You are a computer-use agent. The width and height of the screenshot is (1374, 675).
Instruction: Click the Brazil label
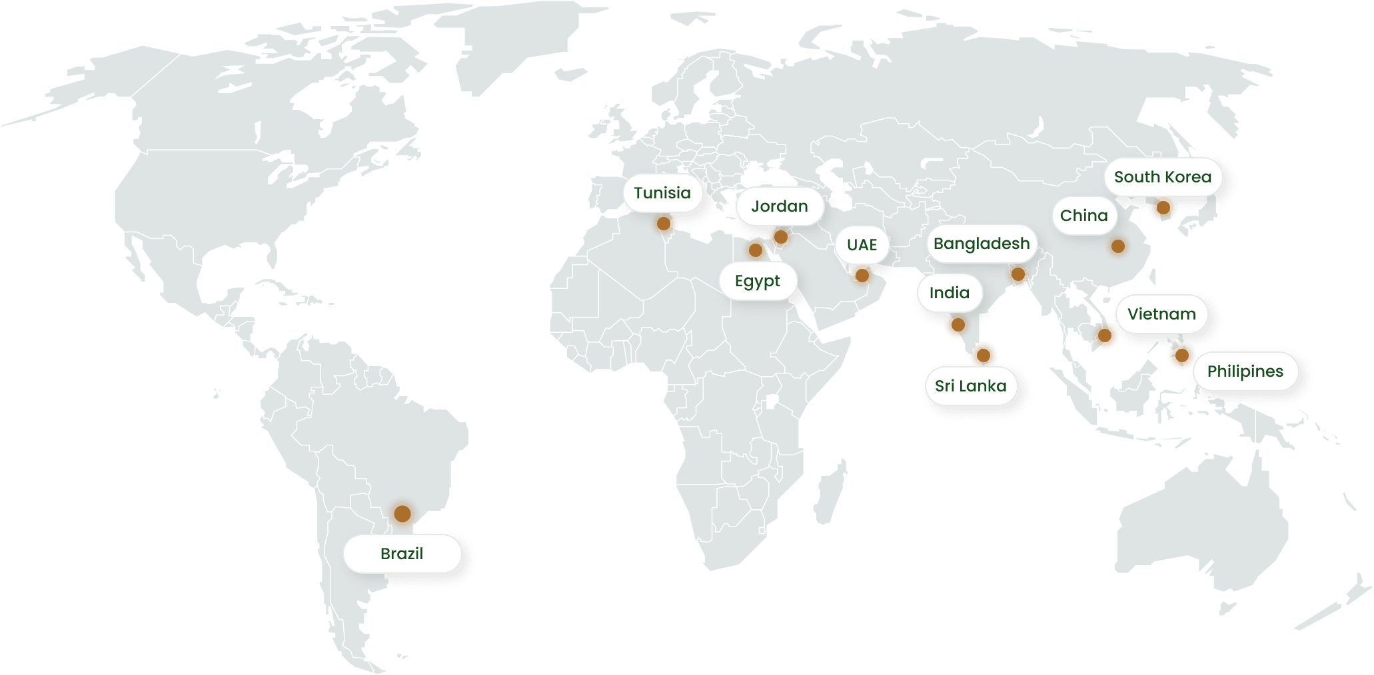pos(402,554)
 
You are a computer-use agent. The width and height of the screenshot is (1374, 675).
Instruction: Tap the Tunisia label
pos(662,193)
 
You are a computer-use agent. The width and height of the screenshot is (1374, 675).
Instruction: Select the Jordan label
pos(779,206)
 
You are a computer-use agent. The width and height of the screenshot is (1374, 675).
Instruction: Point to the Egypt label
pos(757,281)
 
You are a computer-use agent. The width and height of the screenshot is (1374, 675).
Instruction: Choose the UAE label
pos(862,245)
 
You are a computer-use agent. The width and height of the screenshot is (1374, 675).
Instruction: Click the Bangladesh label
pos(981,244)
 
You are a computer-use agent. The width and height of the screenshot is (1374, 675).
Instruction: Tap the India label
pos(949,293)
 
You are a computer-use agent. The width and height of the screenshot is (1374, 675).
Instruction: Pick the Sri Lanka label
pos(970,386)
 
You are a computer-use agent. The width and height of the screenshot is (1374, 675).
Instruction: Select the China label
pos(1083,216)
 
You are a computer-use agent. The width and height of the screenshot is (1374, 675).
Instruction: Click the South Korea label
pos(1162,177)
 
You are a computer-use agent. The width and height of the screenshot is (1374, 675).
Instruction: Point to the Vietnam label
pos(1161,314)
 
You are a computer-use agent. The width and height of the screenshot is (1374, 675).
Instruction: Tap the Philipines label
pos(1245,371)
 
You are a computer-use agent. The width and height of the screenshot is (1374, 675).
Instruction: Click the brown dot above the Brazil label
pos(402,513)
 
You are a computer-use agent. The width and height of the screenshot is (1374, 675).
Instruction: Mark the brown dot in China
pos(1118,246)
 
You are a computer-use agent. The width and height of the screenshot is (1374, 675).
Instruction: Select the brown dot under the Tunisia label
pos(664,224)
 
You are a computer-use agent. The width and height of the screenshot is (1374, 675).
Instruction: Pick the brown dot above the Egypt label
pos(755,250)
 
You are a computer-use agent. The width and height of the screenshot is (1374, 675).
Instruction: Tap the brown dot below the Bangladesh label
pos(1018,274)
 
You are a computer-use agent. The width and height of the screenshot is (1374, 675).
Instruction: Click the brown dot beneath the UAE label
pos(861,274)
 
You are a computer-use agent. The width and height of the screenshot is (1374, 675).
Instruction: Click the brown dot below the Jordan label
pos(781,237)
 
